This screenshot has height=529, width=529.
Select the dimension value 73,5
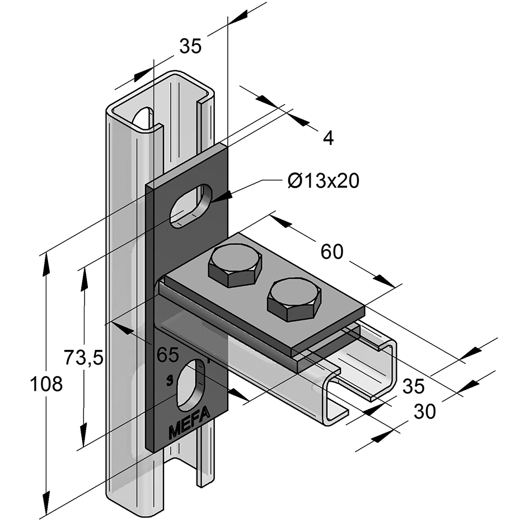(x=83, y=356)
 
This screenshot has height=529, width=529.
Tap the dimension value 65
(x=167, y=354)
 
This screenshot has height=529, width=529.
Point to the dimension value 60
(x=332, y=252)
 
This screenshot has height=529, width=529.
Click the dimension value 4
(x=329, y=138)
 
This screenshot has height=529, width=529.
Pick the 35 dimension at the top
(x=190, y=47)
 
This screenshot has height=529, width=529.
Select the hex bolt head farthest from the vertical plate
(x=294, y=300)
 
